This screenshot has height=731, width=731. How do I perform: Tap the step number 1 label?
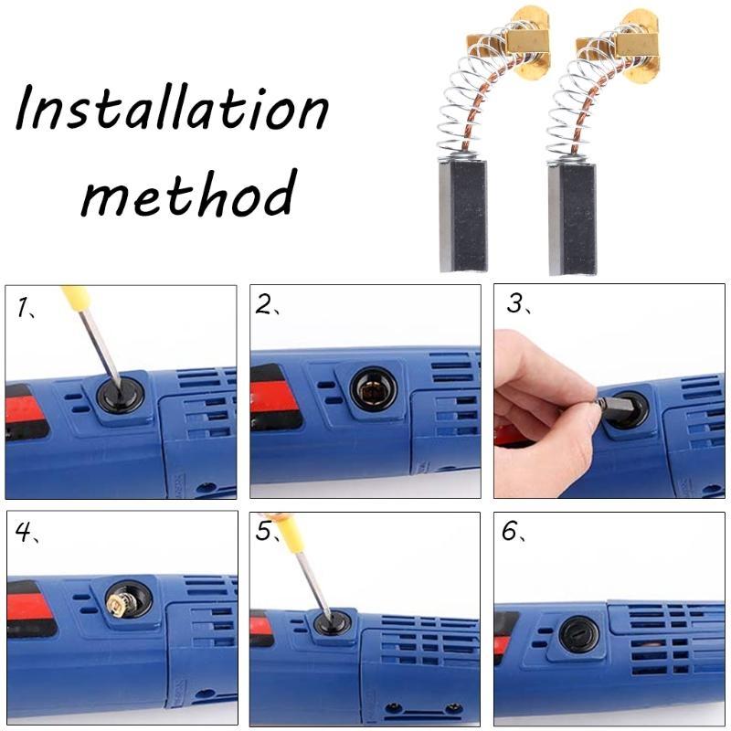click(x=25, y=308)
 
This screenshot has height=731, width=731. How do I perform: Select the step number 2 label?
click(x=266, y=305)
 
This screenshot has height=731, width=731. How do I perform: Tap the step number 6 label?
click(x=511, y=532)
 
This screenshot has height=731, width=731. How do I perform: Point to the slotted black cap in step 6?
click(x=579, y=634)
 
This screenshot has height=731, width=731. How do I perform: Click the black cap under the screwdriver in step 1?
click(x=119, y=396)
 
